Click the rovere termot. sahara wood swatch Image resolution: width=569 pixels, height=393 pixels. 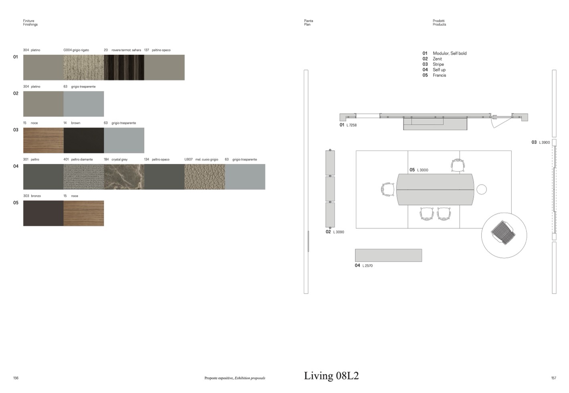click(x=124, y=67)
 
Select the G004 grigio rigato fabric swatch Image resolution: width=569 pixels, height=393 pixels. click(x=84, y=67)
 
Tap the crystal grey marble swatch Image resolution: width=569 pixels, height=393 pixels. click(x=124, y=177)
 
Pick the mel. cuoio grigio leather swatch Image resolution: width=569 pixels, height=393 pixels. click(x=205, y=177)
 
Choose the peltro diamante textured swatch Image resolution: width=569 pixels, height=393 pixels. click(x=84, y=177)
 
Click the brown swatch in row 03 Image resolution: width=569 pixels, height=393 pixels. click(x=84, y=140)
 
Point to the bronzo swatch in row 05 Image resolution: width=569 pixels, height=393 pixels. click(x=43, y=213)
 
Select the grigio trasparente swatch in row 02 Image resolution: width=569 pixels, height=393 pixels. click(x=84, y=104)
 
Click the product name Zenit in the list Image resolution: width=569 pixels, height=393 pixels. click(x=438, y=59)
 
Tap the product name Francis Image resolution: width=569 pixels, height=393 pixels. click(x=440, y=75)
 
